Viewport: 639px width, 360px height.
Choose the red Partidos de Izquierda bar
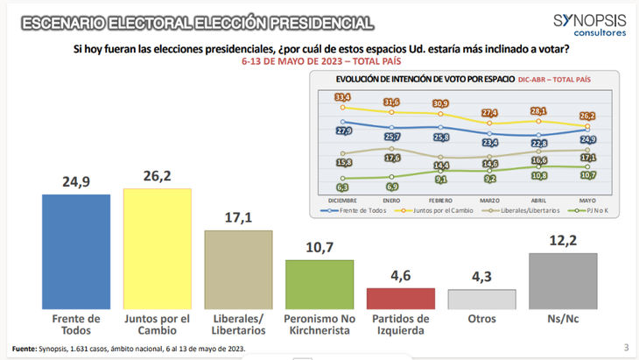pos(400,298)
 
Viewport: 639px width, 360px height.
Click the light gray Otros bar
pos(481,299)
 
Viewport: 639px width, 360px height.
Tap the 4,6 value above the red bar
pos(400,274)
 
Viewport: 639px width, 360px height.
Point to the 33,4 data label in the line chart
pos(344,96)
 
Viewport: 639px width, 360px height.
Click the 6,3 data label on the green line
pos(344,187)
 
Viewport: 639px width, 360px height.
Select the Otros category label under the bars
pos(481,320)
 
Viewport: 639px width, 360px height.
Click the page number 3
pos(626,348)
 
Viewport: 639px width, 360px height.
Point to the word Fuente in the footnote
pos(25,349)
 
